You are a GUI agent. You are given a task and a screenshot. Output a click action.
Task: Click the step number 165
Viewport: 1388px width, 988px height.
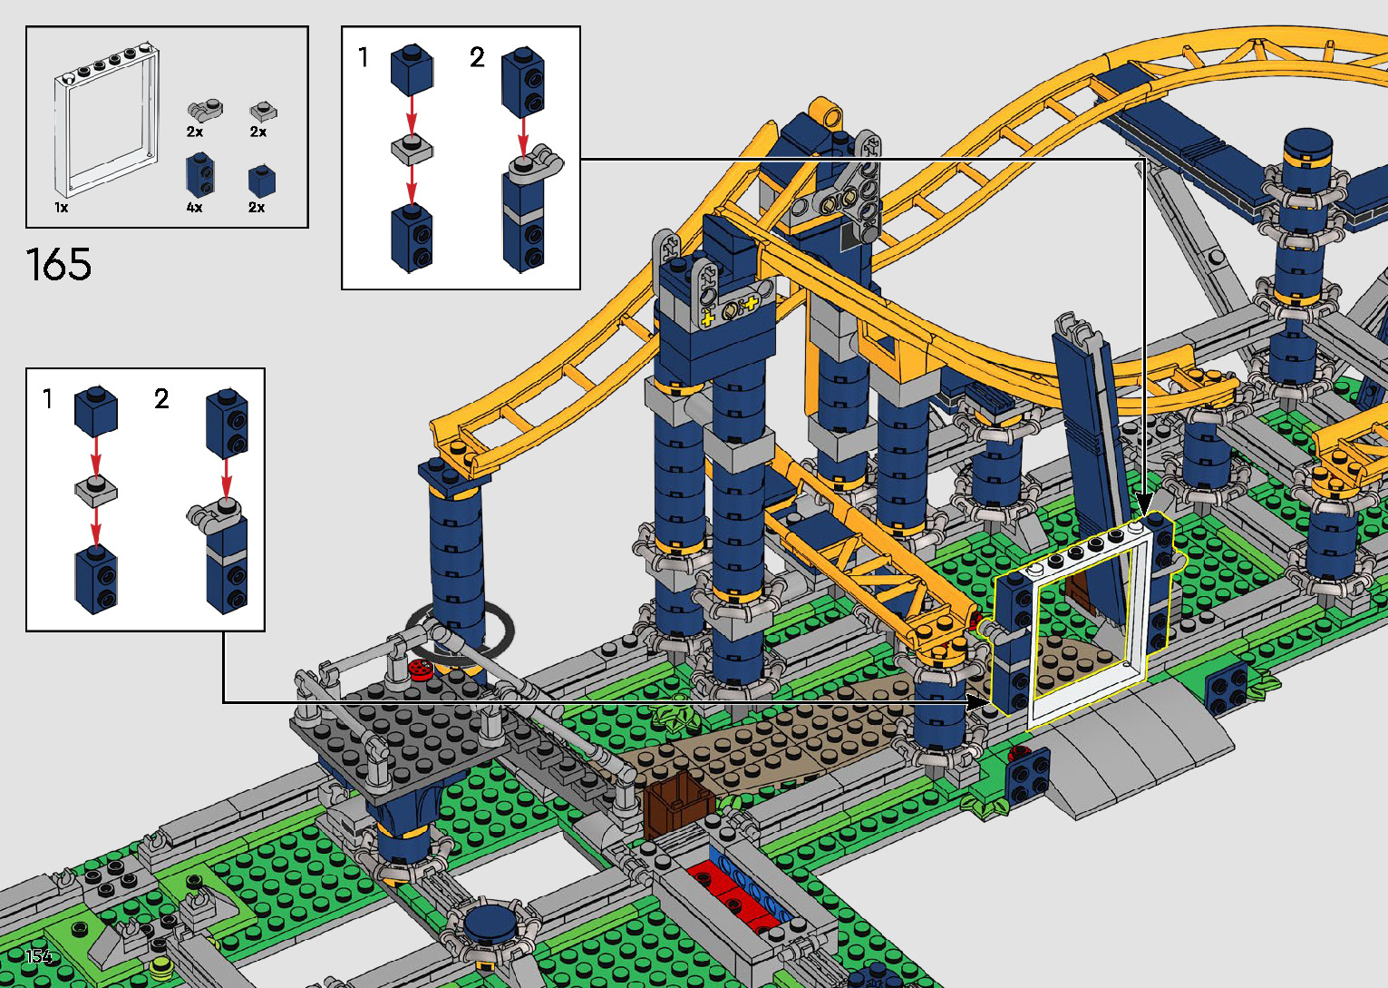59,264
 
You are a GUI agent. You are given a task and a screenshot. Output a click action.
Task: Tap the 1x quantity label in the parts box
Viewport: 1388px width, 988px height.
62,208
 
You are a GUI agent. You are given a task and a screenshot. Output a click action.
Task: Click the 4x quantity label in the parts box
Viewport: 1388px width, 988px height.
195,208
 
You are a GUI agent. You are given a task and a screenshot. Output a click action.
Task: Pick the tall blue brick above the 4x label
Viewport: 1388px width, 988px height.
200,175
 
